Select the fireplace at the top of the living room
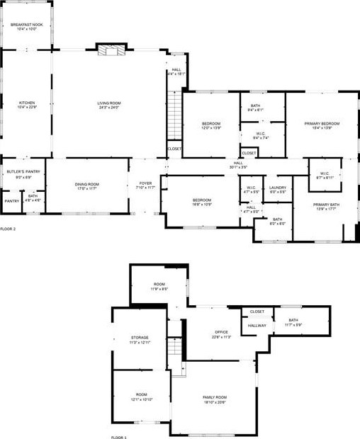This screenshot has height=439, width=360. pyautogui.click(x=108, y=50)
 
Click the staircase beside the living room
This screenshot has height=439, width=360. pyautogui.click(x=174, y=116)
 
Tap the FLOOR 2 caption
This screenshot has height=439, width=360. pyautogui.click(x=8, y=229)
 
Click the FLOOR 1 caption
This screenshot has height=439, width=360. pyautogui.click(x=119, y=438)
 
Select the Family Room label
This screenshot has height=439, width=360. pyautogui.click(x=215, y=399)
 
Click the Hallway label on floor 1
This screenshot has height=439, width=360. pyautogui.click(x=257, y=326)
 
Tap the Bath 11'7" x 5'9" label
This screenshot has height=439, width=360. pyautogui.click(x=293, y=322)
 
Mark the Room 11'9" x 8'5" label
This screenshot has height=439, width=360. pyautogui.click(x=159, y=286)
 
